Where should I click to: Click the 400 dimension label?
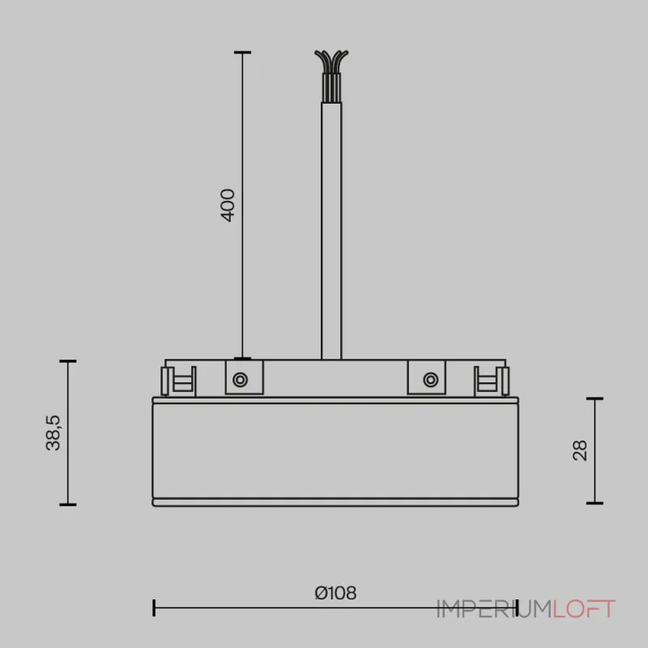coord(228,206)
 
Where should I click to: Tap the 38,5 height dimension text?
coord(53,433)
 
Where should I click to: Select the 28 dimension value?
coord(580,450)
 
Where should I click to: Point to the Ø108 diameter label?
coord(335,593)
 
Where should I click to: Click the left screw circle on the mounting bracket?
coord(241,378)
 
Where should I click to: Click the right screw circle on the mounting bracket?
coord(429,378)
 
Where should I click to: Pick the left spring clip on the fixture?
coord(179,379)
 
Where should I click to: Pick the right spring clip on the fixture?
coord(489,379)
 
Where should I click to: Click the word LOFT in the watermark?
coord(585,609)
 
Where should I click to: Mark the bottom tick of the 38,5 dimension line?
coord(67,504)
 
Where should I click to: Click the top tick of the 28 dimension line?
coord(595,399)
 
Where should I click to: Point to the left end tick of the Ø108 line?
coord(154,607)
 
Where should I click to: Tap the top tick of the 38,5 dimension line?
coord(67,361)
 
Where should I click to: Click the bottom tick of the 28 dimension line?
coord(595,502)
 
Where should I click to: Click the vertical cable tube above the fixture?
coord(330,235)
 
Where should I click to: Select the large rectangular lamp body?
coord(334,450)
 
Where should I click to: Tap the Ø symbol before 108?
coord(320,593)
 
